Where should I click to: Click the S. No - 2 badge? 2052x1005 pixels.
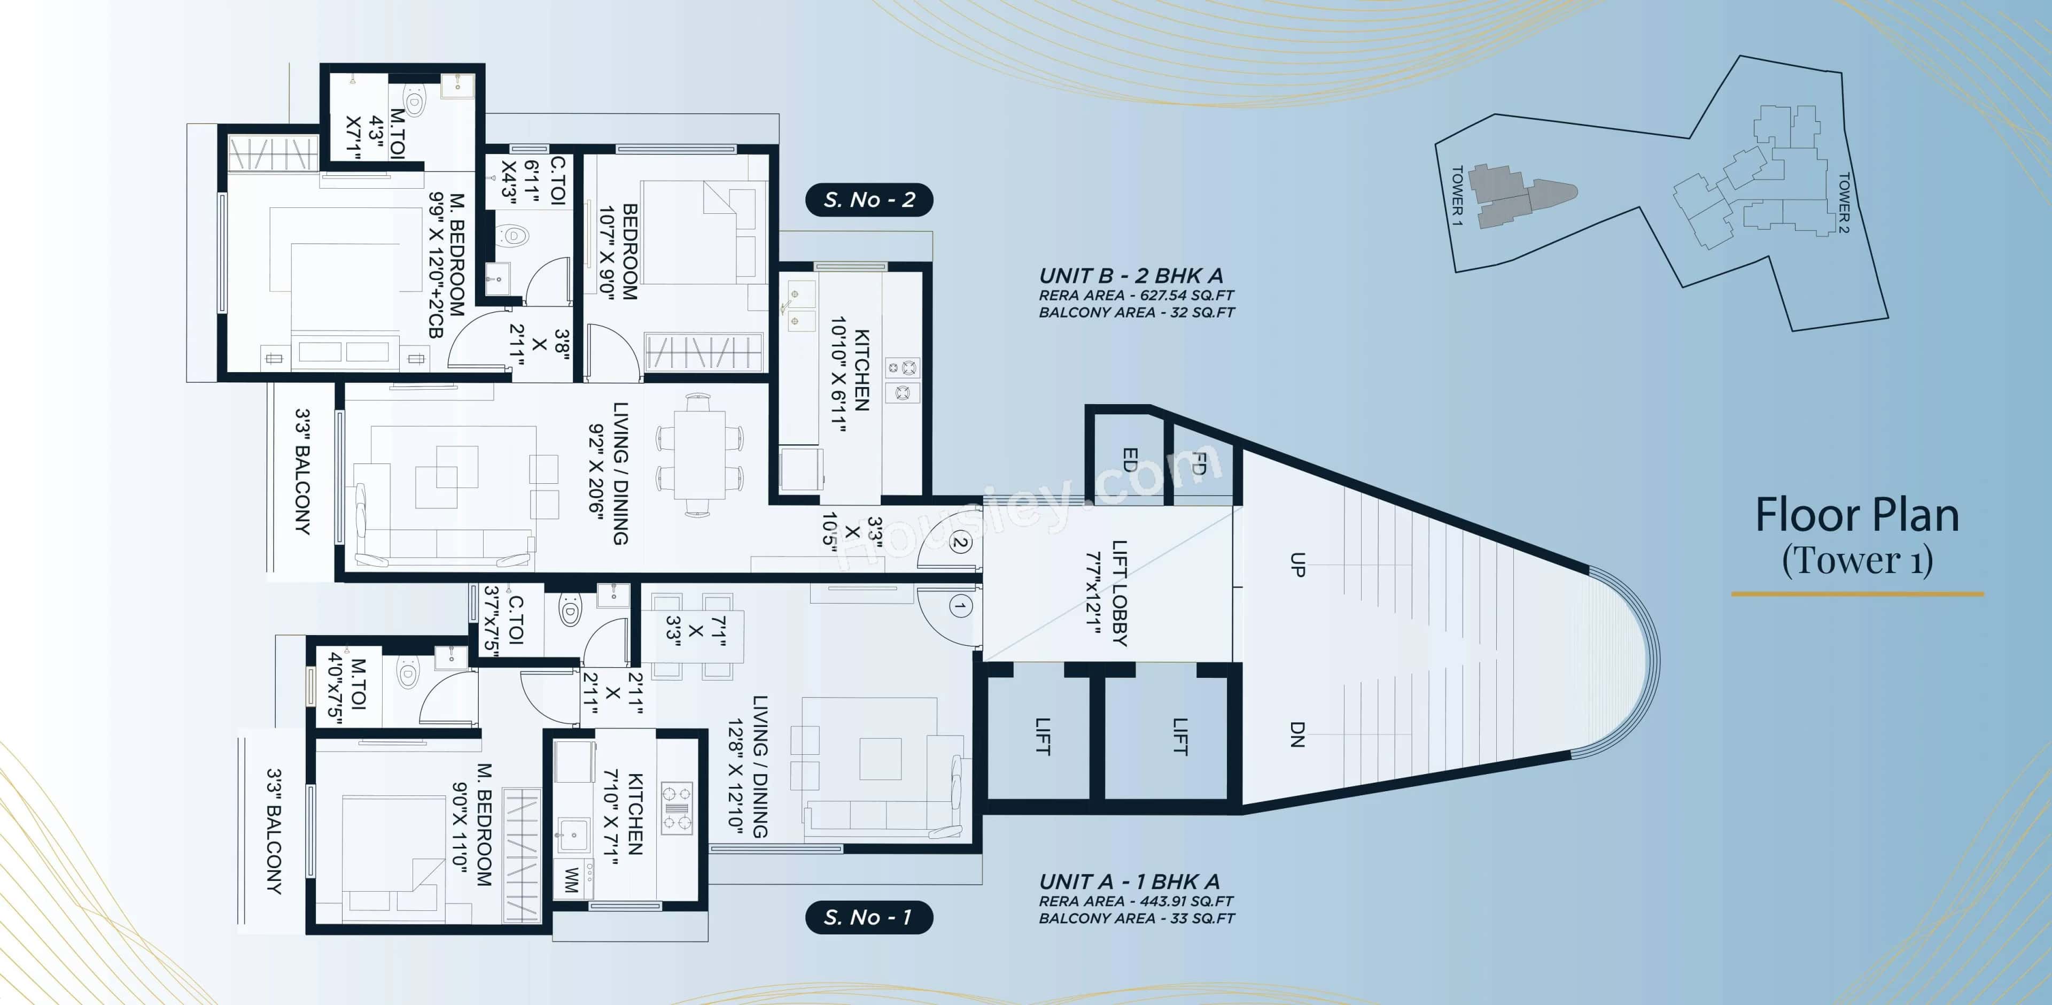point(869,199)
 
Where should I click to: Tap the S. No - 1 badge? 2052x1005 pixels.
point(868,917)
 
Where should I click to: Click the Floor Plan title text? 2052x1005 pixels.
point(1857,516)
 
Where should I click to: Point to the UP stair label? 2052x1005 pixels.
point(1297,565)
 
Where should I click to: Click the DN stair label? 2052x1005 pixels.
point(1297,733)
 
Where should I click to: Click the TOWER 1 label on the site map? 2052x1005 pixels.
point(1457,195)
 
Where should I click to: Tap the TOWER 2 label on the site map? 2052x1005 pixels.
point(1843,203)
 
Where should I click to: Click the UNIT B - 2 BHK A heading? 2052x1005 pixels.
point(1130,276)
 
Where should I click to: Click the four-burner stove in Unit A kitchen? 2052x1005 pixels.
point(677,807)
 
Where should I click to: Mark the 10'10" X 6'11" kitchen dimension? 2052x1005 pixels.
point(837,375)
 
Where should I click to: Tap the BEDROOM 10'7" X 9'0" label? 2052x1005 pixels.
point(619,251)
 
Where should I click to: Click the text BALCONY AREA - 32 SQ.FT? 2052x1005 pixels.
point(1136,312)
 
